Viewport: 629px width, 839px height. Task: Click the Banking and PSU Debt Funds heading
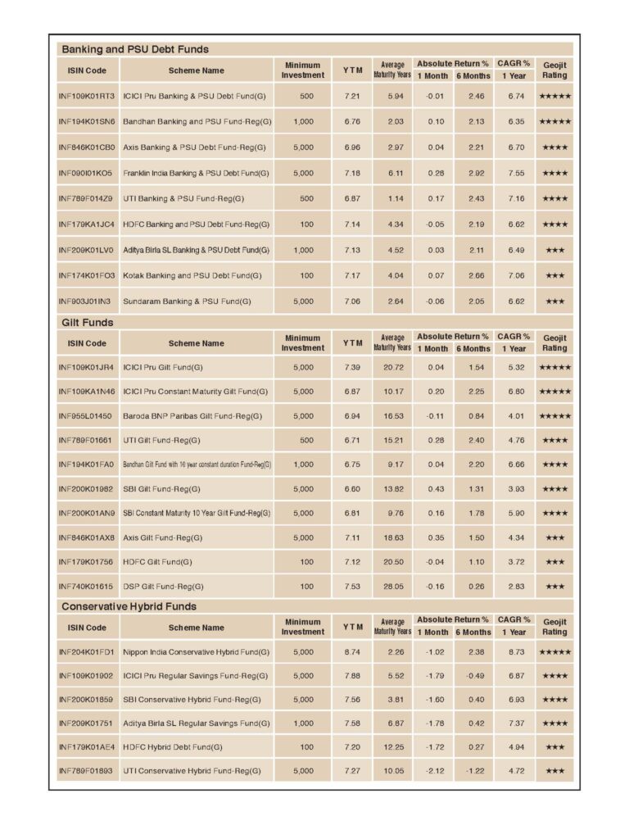pyautogui.click(x=135, y=49)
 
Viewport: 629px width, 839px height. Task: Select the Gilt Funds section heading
pyautogui.click(x=88, y=322)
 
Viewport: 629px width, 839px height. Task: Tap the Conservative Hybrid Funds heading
pyautogui.click(x=129, y=606)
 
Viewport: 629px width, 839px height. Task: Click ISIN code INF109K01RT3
pyautogui.click(x=87, y=96)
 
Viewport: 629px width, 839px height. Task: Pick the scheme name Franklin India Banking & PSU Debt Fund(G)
pyautogui.click(x=196, y=173)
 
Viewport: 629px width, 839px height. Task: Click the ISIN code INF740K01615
pyautogui.click(x=85, y=586)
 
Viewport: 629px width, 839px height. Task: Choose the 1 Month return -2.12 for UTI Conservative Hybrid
pyautogui.click(x=435, y=771)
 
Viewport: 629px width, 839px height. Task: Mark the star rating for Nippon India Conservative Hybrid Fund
pyautogui.click(x=554, y=651)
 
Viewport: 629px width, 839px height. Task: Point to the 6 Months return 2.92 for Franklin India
pyautogui.click(x=476, y=173)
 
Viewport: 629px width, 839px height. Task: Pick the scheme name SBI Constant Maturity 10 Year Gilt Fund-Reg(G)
pyautogui.click(x=197, y=513)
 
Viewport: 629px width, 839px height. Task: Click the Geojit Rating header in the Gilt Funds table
pyautogui.click(x=554, y=342)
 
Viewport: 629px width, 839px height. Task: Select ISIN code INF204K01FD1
pyautogui.click(x=87, y=651)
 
